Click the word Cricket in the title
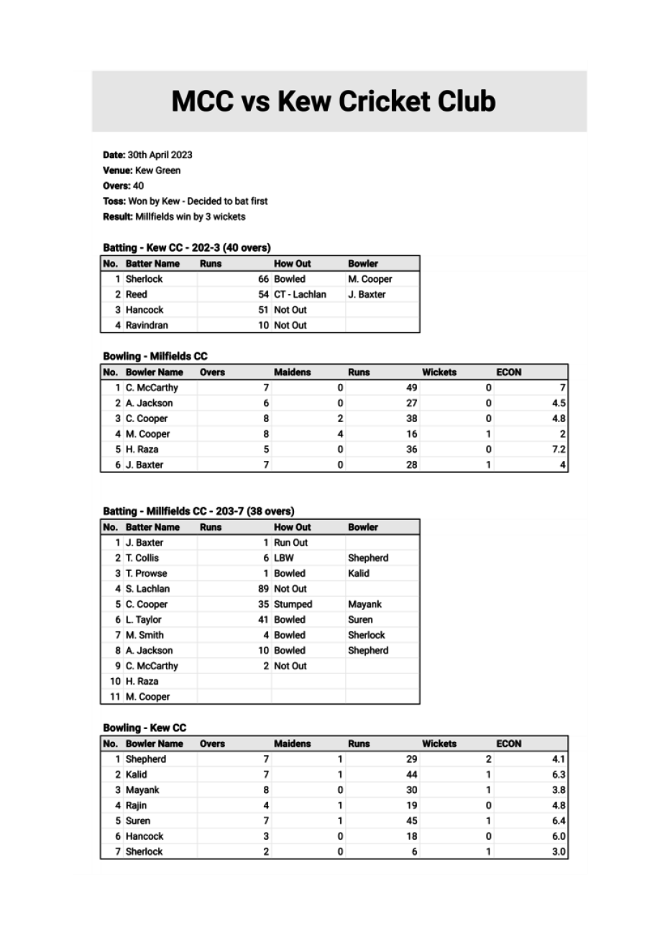click(381, 101)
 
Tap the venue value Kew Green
click(157, 170)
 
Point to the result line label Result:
click(117, 216)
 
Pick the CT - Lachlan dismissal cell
click(300, 294)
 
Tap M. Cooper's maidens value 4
click(340, 434)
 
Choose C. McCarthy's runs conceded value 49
click(411, 388)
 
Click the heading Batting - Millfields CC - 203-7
click(198, 511)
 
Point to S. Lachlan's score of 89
click(263, 589)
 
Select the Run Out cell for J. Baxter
click(290, 543)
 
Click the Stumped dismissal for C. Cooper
click(293, 604)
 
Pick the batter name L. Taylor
click(144, 620)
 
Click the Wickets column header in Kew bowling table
click(439, 743)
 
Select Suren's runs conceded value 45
click(411, 820)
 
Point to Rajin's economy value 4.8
click(559, 805)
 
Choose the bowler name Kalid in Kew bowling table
click(136, 774)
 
